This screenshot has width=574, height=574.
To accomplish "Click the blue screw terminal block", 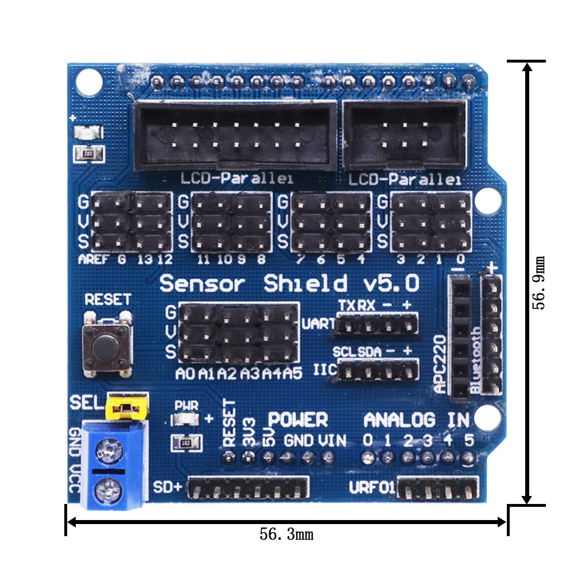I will (113, 465).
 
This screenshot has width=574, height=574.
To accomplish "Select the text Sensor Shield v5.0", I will (289, 283).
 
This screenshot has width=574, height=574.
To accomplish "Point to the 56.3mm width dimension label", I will (286, 534).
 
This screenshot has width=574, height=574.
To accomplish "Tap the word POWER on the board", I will (298, 420).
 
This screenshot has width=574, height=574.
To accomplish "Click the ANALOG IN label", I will (417, 420).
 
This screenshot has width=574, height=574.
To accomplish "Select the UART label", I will (319, 324).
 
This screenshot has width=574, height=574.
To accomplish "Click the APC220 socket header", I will (460, 338).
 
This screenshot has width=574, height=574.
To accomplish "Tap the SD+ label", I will (168, 487).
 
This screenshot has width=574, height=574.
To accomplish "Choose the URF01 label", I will (372, 488).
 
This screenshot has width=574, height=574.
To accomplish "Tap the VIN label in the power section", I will (332, 440).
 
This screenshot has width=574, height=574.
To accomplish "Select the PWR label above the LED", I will (186, 405).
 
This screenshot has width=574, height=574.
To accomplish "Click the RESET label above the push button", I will (107, 299).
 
